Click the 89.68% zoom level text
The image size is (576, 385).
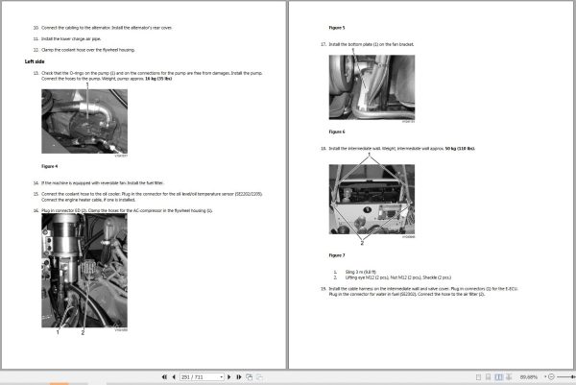coord(554,377)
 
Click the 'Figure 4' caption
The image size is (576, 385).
coord(50,166)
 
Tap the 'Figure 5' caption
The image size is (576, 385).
coord(337,29)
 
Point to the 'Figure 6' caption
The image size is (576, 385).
coord(337,132)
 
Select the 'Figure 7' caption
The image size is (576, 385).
coord(337,255)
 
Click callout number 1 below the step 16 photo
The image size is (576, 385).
coord(57,331)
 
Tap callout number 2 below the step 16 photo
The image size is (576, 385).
coord(83,331)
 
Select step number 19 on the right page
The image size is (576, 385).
coord(323,287)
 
